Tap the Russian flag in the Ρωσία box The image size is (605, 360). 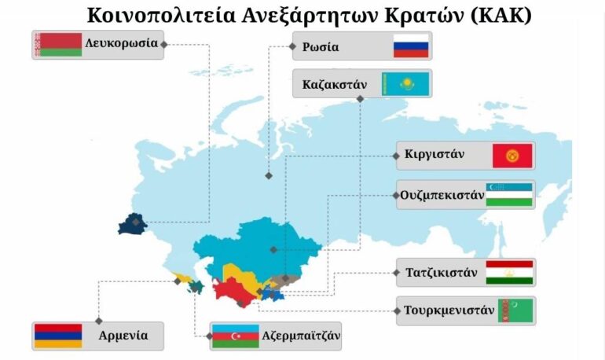point(411,47)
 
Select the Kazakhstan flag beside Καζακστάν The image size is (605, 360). point(405,83)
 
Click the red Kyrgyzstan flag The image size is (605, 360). point(512,156)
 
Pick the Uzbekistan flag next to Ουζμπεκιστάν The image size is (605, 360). point(509,195)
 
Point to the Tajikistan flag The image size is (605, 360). point(509,273)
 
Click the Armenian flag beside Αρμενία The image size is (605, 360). point(57,336)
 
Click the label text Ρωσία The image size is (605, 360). point(321,47)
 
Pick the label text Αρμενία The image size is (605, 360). point(123,336)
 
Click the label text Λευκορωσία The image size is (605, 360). point(122,43)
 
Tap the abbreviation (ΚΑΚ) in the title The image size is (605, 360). point(508,15)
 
